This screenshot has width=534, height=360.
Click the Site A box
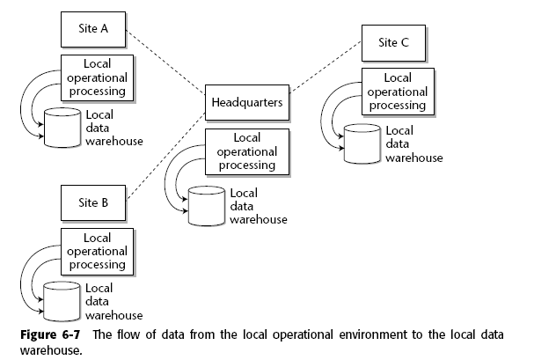point(93,30)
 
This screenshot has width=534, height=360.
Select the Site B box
point(93,202)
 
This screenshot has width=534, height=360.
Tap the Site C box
point(393,41)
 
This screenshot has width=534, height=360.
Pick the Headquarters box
point(247,103)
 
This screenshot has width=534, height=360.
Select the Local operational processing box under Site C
point(398,92)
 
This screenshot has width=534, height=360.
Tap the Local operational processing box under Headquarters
point(247,151)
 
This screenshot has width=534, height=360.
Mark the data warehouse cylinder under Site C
point(361,144)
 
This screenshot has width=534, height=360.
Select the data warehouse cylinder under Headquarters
point(206,204)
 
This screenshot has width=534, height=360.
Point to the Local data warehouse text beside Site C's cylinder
point(413,144)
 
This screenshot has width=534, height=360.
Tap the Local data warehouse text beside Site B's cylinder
point(112,301)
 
